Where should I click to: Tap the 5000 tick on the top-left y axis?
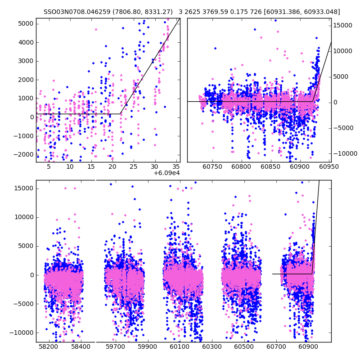coord(25,23)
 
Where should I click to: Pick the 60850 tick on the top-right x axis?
coord(270,166)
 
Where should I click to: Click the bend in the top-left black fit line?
coord(120,114)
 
